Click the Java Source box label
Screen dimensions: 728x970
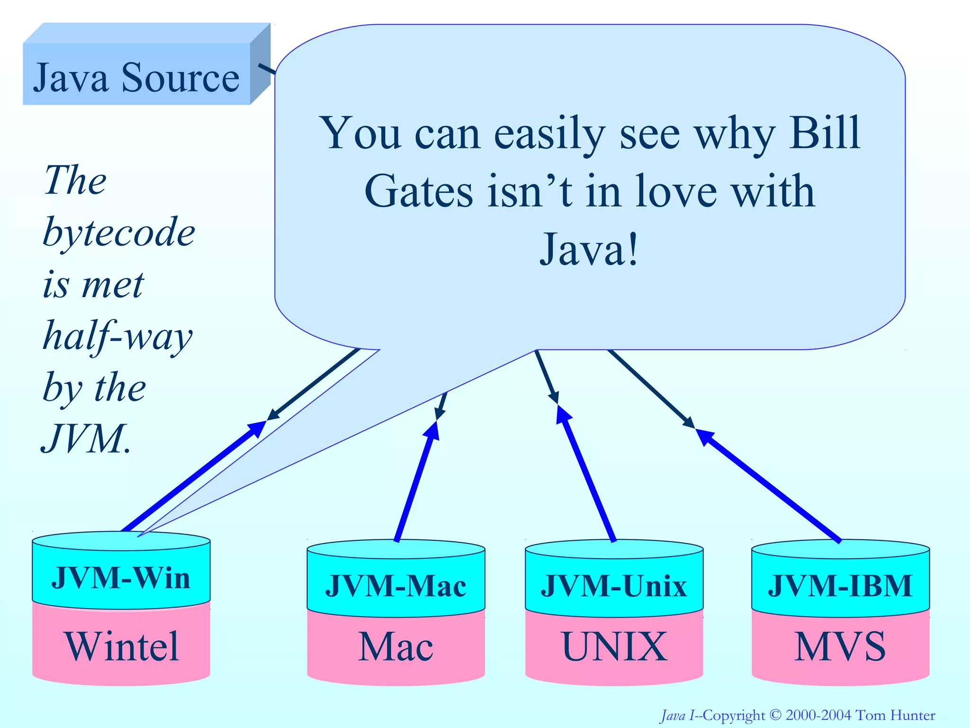pyautogui.click(x=136, y=77)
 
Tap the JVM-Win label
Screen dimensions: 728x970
pyautogui.click(x=121, y=578)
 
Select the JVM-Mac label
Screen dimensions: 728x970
pyautogui.click(x=395, y=586)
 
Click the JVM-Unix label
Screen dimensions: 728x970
pyautogui.click(x=614, y=586)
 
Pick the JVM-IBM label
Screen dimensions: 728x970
pyautogui.click(x=840, y=586)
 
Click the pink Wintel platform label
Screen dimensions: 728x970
pyautogui.click(x=122, y=647)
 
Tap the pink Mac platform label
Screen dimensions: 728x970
pyautogui.click(x=395, y=647)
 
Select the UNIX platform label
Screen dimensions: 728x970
pyautogui.click(x=614, y=647)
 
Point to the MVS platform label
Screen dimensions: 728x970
pyautogui.click(x=840, y=647)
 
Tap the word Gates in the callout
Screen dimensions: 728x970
pyautogui.click(x=419, y=191)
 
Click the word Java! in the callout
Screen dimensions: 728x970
pyautogui.click(x=590, y=250)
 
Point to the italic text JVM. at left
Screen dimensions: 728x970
pyautogui.click(x=85, y=439)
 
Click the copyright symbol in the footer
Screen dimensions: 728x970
pyautogui.click(x=775, y=715)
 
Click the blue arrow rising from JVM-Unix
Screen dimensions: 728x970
pyautogui.click(x=587, y=474)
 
